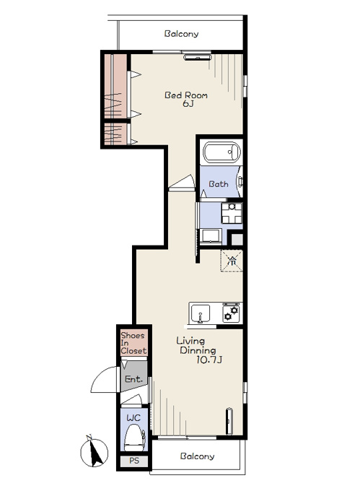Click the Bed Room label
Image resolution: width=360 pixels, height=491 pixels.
coord(186,95)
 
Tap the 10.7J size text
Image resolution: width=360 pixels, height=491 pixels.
coord(209,360)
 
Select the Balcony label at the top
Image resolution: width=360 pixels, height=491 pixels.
coord(181,33)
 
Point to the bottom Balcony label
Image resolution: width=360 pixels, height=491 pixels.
coord(197,456)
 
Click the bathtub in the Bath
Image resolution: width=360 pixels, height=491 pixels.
coord(222,153)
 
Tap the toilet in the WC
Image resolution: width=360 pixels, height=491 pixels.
coord(135,438)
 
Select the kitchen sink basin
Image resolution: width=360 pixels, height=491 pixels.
coord(201,313)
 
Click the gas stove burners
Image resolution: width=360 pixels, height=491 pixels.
coord(232,313)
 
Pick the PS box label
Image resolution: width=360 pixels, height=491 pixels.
coord(134,461)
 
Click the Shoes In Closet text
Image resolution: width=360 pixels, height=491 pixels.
coord(133,343)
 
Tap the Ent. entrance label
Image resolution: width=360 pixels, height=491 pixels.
coord(134,379)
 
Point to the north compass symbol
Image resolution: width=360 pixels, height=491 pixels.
coord(94,451)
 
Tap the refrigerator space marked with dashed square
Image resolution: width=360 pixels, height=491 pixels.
coord(232,261)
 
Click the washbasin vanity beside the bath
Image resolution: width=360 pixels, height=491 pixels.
coord(232,213)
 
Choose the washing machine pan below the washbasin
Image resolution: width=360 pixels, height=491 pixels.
coord(211,236)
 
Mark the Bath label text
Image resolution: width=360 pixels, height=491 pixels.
coord(219,184)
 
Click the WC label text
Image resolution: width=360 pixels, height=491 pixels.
coord(133,418)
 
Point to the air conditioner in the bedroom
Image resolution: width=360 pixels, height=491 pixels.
coord(198,57)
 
